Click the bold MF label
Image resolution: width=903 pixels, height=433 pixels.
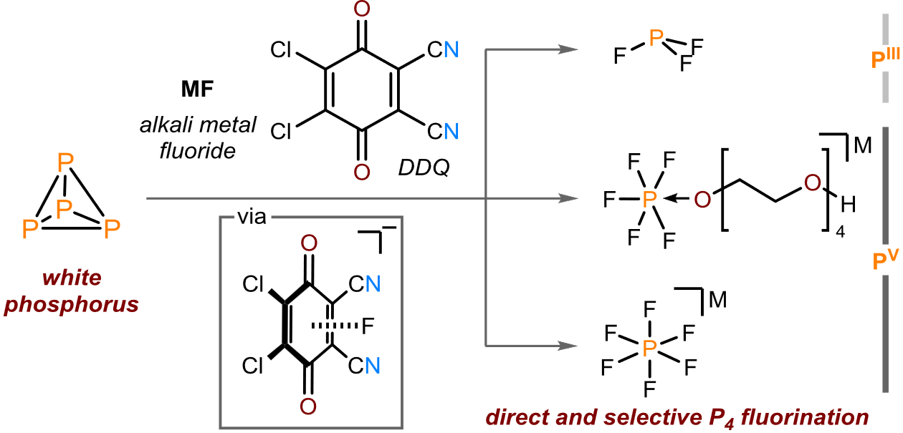(x=197, y=89)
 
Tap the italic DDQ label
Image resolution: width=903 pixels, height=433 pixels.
(x=424, y=167)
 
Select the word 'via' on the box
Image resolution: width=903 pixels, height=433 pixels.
(x=252, y=217)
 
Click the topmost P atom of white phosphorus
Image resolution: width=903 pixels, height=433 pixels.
(x=65, y=162)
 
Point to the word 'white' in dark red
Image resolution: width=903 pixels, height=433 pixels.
(x=72, y=278)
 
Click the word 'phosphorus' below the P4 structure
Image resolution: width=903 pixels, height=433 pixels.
(x=72, y=305)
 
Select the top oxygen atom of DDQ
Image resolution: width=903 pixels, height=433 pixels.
(x=362, y=9)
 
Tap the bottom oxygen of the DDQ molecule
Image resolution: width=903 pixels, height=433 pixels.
(x=362, y=172)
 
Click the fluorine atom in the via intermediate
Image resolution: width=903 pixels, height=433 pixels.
(x=368, y=326)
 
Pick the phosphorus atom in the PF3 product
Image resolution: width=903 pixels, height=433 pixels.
(x=656, y=38)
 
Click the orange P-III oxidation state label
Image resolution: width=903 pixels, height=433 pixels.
(x=885, y=59)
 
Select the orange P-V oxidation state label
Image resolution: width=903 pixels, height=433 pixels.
(x=885, y=260)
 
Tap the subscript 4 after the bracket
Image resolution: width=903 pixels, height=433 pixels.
(x=840, y=232)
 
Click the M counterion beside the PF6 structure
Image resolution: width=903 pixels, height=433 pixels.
(x=718, y=300)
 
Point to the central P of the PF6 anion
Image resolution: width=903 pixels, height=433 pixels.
(x=649, y=348)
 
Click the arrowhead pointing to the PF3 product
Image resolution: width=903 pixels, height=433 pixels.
(x=568, y=49)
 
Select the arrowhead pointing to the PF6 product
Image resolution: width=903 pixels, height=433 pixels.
(x=568, y=346)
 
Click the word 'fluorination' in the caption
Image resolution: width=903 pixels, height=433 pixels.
(x=805, y=417)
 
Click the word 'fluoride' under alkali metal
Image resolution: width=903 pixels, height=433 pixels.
(x=198, y=151)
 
